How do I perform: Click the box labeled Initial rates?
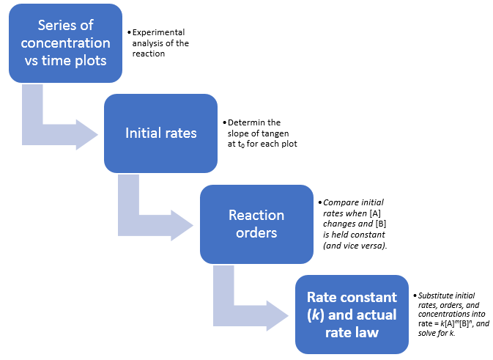click(x=160, y=133)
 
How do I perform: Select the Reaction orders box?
click(x=256, y=224)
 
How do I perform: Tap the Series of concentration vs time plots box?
click(x=65, y=43)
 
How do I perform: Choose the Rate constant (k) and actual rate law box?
click(x=352, y=315)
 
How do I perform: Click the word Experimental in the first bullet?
click(x=158, y=32)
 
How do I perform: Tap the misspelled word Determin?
click(x=246, y=122)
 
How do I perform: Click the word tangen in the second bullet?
click(x=275, y=133)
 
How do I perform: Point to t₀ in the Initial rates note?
click(x=241, y=144)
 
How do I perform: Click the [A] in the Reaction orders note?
click(x=375, y=213)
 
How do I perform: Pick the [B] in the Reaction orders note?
click(x=381, y=224)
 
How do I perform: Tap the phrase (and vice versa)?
click(x=355, y=246)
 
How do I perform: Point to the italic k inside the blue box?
click(x=315, y=315)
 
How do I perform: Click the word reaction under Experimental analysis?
click(x=149, y=54)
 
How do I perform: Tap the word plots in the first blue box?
click(x=91, y=61)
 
